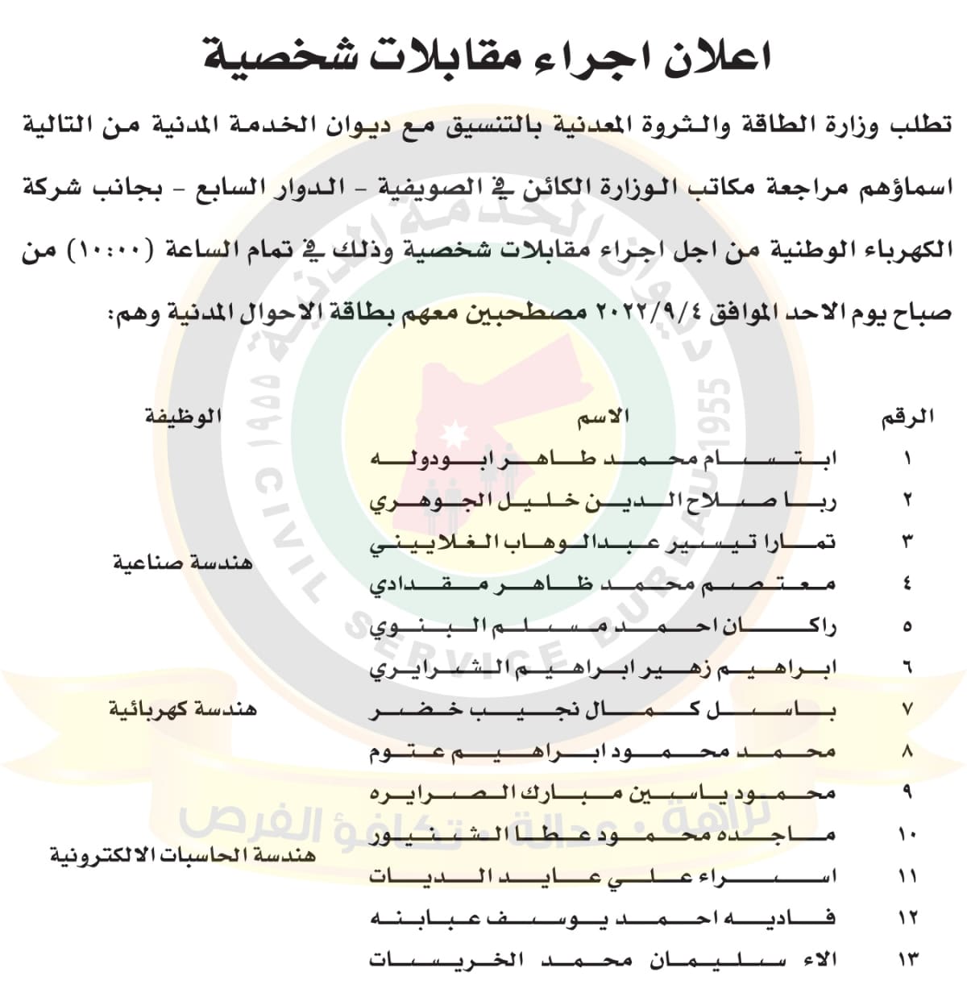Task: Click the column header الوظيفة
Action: tap(182, 417)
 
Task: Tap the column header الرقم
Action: tap(907, 417)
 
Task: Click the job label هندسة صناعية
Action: tap(182, 562)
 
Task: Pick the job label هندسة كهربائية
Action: tap(183, 709)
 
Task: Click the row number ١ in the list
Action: tap(907, 459)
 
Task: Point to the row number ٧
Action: tap(907, 710)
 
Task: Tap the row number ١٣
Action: tap(907, 960)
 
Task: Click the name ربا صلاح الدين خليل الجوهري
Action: tap(603, 501)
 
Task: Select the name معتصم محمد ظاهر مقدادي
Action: tap(603, 584)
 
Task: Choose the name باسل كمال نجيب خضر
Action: tap(603, 710)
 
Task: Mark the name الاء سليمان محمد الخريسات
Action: tap(603, 960)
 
